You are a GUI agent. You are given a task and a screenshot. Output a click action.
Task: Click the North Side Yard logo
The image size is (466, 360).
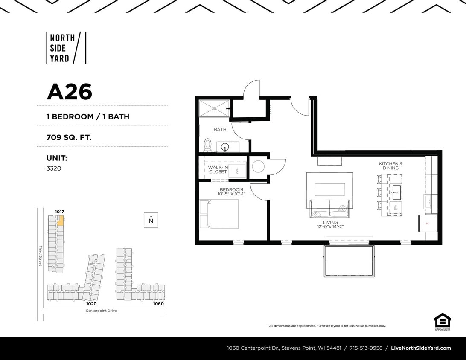tap(66, 48)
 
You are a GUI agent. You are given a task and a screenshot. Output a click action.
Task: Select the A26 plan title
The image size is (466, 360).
tap(69, 91)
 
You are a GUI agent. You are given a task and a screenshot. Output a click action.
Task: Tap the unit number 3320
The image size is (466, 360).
tap(54, 168)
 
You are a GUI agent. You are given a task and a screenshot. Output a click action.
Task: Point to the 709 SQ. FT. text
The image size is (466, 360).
tap(69, 137)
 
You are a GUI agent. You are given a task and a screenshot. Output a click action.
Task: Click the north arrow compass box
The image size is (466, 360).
tap(151, 220)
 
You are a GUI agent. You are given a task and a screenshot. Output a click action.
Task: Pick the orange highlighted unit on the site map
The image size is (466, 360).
tap(61, 221)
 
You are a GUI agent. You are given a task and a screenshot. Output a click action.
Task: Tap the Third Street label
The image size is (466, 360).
tap(41, 256)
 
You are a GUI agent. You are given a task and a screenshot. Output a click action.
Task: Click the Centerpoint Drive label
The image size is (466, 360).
tap(101, 311)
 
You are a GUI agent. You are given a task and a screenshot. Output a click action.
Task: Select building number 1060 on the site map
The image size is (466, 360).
tap(158, 304)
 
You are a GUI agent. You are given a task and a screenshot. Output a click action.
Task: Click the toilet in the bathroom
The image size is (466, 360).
tap(208, 144)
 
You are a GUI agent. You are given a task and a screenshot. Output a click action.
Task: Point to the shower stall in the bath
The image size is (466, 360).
tap(214, 108)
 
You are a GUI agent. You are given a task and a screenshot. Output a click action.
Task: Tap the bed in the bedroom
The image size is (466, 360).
tap(219, 214)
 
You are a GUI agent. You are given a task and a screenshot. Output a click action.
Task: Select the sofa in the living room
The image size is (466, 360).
tap(329, 208)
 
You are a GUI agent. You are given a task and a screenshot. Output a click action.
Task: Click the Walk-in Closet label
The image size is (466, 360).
tap(218, 170)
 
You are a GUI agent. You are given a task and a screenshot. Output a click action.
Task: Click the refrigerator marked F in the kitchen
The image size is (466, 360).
tap(427, 223)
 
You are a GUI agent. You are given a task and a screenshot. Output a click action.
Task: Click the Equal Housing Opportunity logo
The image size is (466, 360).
tap(442, 322)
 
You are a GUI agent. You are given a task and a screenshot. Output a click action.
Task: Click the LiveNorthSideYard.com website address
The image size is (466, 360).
tap(421, 348)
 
